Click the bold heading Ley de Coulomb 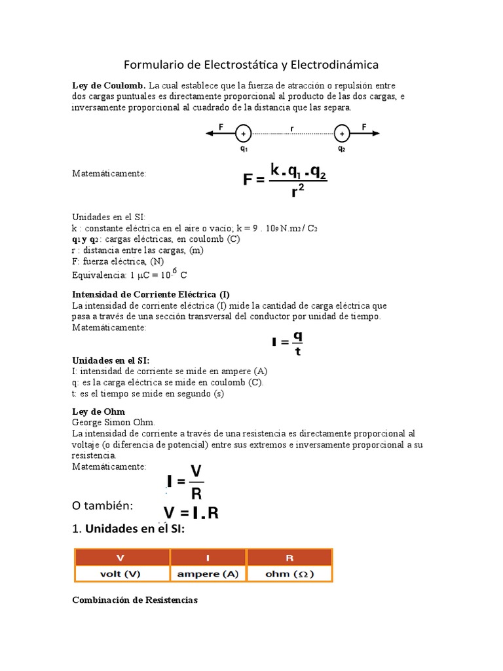108,86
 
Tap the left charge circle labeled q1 243,134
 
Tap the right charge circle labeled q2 341,134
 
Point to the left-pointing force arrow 220,133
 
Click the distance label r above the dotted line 291,128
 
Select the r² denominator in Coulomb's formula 298,191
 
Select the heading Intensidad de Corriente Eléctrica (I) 151,294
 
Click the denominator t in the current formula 298,351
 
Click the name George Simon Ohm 113,423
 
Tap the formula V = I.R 191,512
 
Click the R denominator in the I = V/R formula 196,493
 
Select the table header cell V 121,558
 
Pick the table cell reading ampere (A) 208,573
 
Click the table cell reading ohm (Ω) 289,573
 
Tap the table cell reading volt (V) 121,573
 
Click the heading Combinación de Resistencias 134,600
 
